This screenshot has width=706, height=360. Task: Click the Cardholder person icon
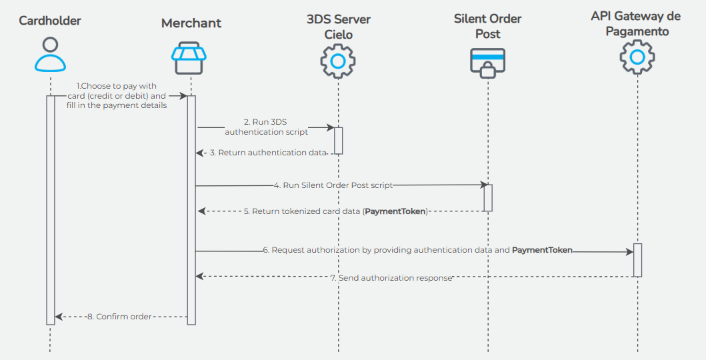pos(50,54)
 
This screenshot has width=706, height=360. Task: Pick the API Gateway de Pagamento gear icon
pos(637,57)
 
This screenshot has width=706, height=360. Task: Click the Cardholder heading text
pos(50,21)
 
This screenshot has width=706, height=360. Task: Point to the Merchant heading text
pos(191,23)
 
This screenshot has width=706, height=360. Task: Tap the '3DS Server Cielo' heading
pos(338,27)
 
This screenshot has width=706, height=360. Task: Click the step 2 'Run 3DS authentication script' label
pos(266,127)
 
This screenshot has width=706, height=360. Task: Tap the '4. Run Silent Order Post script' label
pos(333,185)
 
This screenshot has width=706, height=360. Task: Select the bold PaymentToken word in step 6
pos(541,250)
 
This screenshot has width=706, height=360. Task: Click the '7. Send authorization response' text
pos(391,277)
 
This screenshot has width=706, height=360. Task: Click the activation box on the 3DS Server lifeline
pos(338,141)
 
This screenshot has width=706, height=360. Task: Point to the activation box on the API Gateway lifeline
pos(637,260)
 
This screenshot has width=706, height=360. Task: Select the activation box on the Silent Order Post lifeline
pos(488,198)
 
